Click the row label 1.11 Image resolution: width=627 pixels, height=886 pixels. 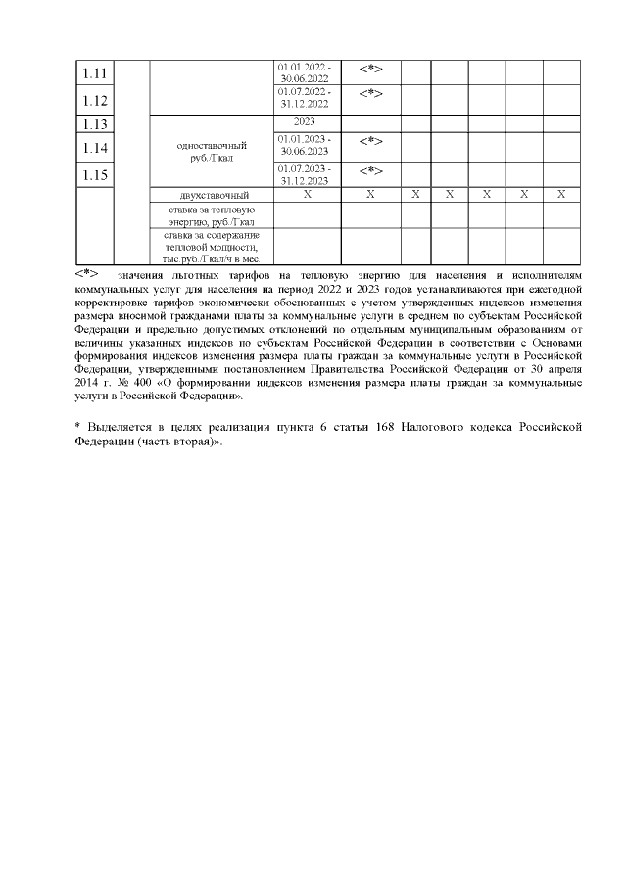[94, 74]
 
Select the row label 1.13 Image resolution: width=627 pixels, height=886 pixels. [94, 124]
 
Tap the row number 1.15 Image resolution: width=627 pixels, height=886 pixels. [94, 175]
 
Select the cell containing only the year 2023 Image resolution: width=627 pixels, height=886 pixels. [307, 122]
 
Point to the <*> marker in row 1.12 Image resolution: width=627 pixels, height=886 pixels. [370, 93]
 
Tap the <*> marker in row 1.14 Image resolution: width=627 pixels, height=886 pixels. [370, 143]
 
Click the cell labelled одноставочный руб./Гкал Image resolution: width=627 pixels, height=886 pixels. [211, 150]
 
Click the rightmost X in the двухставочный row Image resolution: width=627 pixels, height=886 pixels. [560, 194]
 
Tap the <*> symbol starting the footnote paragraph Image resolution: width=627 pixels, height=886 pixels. [87, 275]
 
